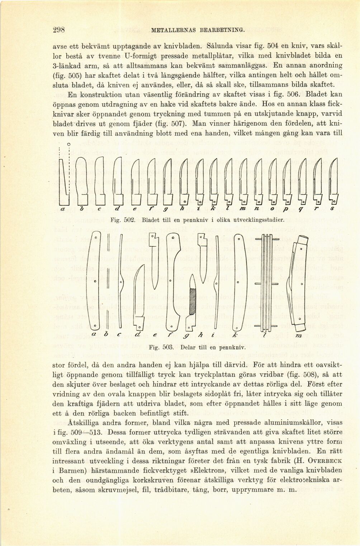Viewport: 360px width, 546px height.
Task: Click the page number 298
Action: coord(58,30)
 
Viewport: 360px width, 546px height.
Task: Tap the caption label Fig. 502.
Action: coord(122,218)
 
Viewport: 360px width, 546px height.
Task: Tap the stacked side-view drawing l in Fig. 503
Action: coord(265,283)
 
